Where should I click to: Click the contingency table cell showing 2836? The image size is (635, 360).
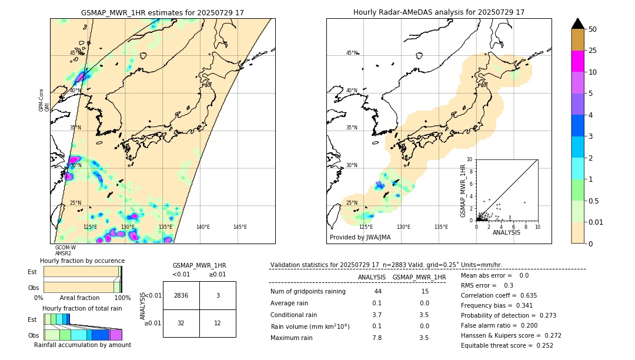[181, 295]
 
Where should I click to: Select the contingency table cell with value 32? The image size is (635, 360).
[181, 323]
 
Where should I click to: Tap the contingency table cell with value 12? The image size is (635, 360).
[218, 323]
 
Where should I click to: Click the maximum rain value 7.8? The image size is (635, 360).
[377, 338]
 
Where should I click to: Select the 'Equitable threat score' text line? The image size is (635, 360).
[507, 345]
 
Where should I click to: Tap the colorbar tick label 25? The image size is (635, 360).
[593, 51]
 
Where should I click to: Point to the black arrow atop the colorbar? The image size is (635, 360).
[578, 24]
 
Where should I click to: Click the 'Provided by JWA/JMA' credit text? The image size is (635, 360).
[360, 237]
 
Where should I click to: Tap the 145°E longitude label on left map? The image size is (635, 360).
[240, 227]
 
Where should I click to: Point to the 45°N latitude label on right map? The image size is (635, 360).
[352, 53]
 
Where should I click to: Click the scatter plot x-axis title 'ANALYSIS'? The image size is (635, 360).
[506, 233]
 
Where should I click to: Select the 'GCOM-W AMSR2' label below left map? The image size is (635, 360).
[65, 251]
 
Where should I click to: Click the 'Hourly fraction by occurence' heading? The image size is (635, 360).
[82, 261]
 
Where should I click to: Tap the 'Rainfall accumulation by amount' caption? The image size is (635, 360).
[82, 345]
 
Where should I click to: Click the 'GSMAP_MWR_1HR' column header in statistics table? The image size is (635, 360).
[419, 277]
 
